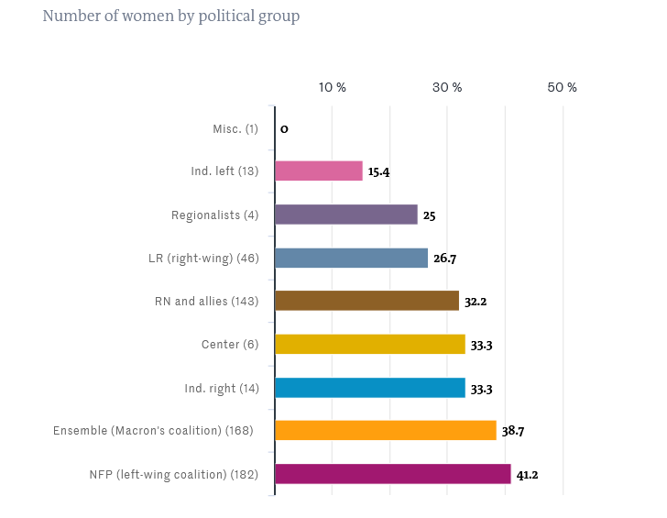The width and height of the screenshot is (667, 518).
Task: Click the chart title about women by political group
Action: point(171,17)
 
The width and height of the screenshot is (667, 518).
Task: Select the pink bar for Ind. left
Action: point(319,171)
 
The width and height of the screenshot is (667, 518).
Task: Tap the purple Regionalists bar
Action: point(346,215)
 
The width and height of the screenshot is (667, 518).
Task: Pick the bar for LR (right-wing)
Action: point(351,258)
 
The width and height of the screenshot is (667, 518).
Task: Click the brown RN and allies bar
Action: point(366,301)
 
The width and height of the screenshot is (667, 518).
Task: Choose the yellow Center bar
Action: point(370,345)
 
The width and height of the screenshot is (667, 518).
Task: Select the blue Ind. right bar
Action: point(370,388)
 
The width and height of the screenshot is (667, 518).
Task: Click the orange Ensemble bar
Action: point(386,431)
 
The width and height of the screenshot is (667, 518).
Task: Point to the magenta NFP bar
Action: point(393,474)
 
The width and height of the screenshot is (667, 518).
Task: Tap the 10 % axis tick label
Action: point(333,87)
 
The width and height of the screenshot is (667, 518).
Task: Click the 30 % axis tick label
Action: point(447,87)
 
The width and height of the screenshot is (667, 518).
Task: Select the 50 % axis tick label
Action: point(563,87)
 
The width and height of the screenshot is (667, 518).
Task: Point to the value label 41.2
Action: point(527,475)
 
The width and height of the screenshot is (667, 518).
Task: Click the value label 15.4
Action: point(378,172)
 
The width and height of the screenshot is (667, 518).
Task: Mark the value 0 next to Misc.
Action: point(284,129)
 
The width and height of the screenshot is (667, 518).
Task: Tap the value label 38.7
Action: point(512,432)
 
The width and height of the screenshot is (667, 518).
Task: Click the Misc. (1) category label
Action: point(235,128)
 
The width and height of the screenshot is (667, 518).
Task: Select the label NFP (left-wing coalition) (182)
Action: point(174,474)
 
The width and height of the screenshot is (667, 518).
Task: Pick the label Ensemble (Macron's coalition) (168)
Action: point(156,431)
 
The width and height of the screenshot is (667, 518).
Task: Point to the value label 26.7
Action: point(444,259)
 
